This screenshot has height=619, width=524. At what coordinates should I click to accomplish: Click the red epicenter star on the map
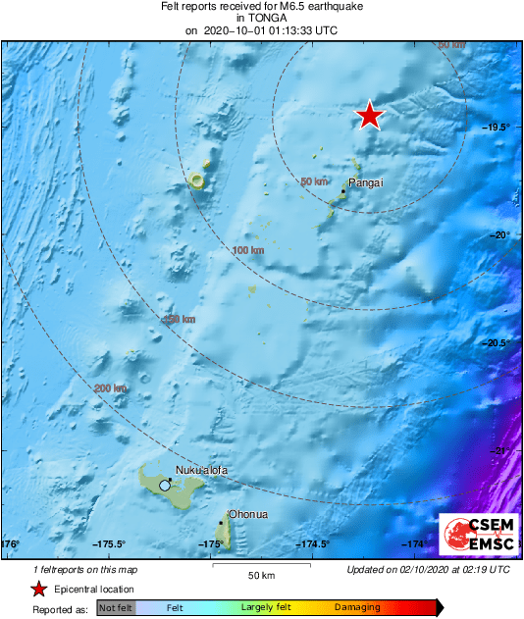coord(369,116)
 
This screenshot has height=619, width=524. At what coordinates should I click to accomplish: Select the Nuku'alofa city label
coord(201,471)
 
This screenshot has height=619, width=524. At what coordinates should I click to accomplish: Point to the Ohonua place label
coord(247,514)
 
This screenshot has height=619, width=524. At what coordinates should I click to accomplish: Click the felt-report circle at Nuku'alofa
coord(165,485)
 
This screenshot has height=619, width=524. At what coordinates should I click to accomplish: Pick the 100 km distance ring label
coord(249,251)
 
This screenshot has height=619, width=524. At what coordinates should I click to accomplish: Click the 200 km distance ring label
coord(110,388)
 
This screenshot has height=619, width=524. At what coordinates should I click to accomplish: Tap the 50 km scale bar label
coord(260,573)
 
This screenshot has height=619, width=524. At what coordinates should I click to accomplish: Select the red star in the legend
coord(38,589)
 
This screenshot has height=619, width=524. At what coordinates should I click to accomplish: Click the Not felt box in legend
coord(114,609)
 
